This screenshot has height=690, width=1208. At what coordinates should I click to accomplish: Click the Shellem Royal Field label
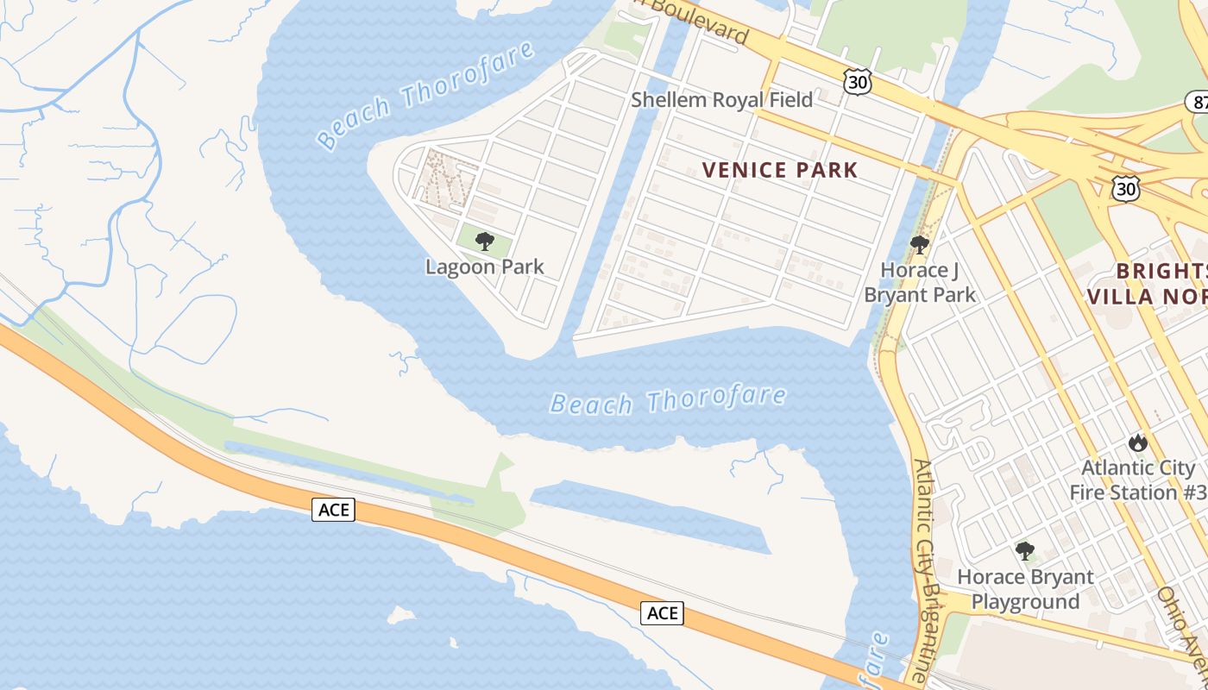721,100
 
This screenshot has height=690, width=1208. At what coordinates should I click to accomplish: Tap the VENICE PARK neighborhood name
780,170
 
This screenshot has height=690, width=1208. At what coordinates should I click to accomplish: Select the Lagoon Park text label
485,267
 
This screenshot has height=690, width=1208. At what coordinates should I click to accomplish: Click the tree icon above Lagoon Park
485,241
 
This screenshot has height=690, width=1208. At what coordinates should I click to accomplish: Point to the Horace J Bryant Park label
920,283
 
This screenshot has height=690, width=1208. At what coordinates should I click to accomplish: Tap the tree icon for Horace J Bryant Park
920,245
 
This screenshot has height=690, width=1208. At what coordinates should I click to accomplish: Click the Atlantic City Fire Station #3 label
1138,480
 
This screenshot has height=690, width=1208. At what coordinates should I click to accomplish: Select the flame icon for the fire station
1138,443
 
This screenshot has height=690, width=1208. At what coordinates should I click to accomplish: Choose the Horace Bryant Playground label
1025,589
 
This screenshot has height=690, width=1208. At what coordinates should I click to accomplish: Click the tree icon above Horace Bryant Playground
1025,550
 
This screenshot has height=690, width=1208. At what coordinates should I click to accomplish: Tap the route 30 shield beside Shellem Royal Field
858,83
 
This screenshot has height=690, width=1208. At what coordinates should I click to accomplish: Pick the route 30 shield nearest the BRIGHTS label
1124,189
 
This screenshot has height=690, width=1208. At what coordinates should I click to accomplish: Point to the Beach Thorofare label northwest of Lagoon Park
425,94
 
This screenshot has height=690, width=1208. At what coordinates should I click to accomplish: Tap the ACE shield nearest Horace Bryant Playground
662,613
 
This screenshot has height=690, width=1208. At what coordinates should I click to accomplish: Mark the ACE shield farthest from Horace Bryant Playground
334,510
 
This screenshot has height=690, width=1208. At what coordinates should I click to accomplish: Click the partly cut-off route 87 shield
1197,101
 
